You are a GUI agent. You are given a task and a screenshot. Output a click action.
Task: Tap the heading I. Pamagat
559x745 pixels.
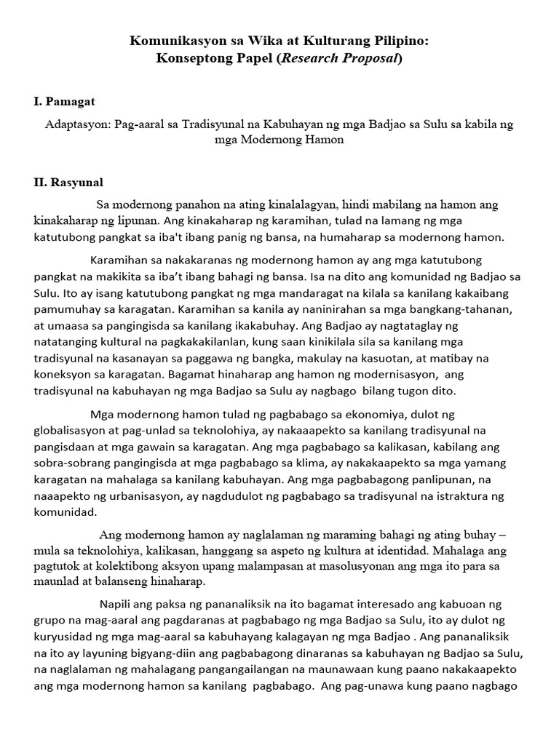coord(64,101)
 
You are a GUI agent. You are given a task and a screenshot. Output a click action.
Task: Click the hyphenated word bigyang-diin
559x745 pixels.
coord(167,653)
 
